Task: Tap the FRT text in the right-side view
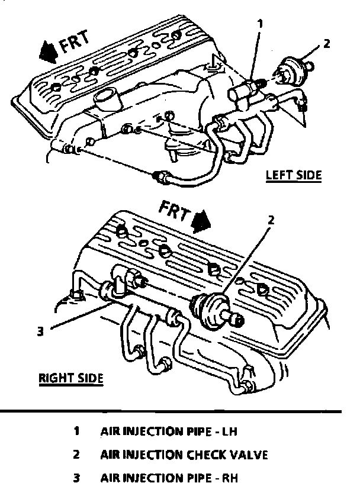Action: point(175,211)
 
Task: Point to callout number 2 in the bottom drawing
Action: point(271,220)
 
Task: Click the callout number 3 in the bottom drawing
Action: point(40,331)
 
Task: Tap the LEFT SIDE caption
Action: point(292,175)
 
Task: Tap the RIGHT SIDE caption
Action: point(71,378)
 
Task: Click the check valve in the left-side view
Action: point(291,70)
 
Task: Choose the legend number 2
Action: point(77,455)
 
